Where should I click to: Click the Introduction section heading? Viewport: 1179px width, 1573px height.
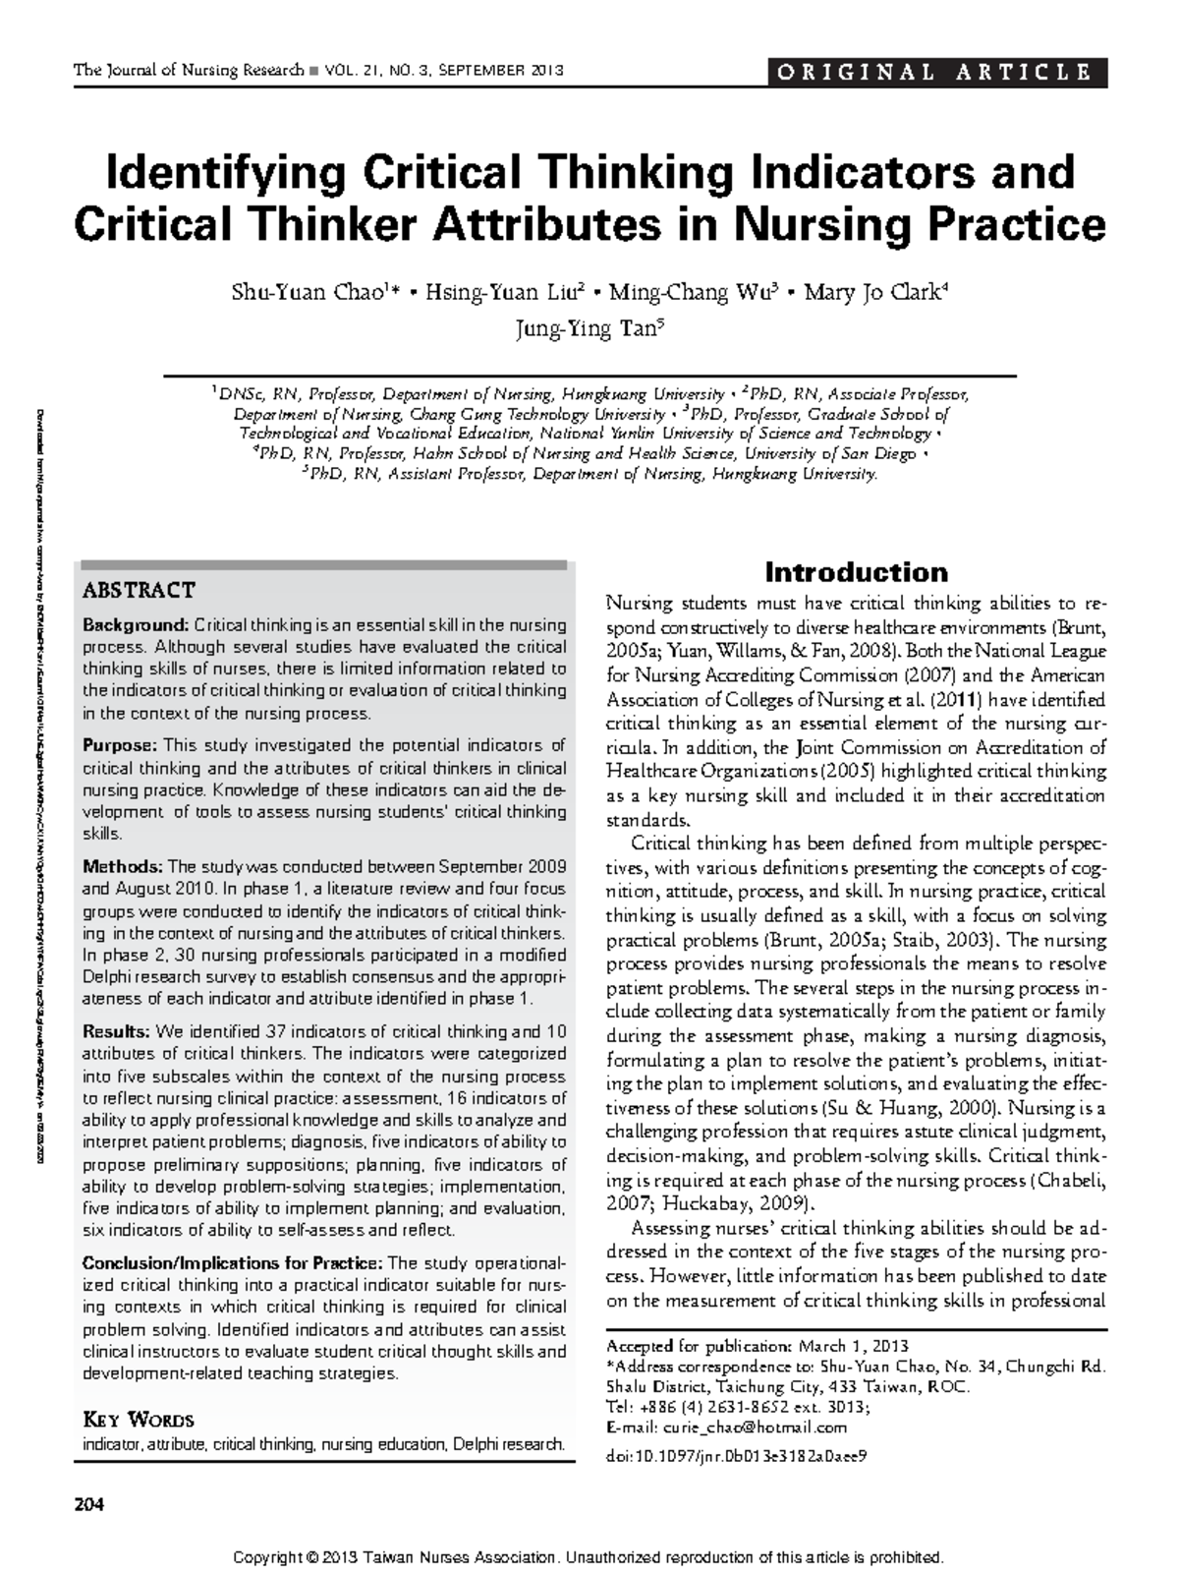856,572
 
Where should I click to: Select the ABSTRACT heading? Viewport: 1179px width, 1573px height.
139,591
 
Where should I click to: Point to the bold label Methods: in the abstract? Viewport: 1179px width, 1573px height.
123,867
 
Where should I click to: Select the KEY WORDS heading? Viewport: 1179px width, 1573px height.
139,1420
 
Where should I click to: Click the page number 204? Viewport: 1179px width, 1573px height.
87,1504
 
